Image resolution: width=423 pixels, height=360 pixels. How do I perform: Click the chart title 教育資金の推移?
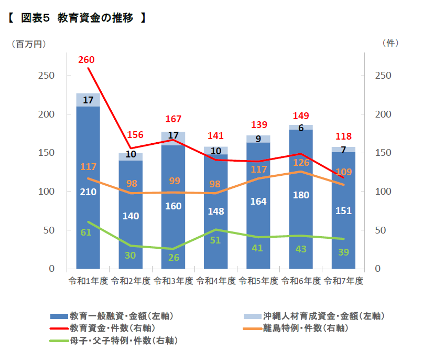click(x=95, y=18)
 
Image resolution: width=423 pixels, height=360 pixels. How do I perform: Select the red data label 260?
click(x=86, y=60)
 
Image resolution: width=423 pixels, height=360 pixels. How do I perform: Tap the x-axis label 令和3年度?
click(x=173, y=281)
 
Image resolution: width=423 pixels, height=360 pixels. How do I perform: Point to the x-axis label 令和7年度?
click(x=343, y=281)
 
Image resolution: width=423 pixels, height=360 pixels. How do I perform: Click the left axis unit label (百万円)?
click(x=29, y=44)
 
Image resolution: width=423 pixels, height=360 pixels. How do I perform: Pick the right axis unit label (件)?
click(x=391, y=43)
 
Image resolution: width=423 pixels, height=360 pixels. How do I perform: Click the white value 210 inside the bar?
click(x=88, y=192)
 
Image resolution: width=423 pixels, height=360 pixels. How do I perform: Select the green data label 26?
click(x=173, y=258)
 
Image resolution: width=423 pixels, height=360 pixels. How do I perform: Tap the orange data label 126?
click(x=301, y=163)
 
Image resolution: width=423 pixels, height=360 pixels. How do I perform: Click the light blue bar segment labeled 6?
click(x=301, y=127)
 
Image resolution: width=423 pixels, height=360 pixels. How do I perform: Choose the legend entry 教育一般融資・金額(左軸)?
click(x=112, y=316)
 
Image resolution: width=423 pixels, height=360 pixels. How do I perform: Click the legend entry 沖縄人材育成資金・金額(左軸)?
click(x=314, y=316)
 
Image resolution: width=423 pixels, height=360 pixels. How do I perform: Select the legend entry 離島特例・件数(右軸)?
click(x=296, y=328)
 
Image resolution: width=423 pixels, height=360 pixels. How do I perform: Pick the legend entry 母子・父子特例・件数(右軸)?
click(x=114, y=341)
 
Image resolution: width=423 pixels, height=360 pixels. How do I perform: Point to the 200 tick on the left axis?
click(x=47, y=114)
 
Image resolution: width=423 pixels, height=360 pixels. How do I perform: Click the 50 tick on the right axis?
click(x=381, y=230)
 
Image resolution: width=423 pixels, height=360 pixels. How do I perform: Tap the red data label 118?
click(x=343, y=136)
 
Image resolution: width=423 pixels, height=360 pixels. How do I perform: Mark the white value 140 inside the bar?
click(x=131, y=216)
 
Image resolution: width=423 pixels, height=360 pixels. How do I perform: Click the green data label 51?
click(x=215, y=240)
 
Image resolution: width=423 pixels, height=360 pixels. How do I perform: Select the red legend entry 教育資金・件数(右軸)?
click(x=103, y=328)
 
